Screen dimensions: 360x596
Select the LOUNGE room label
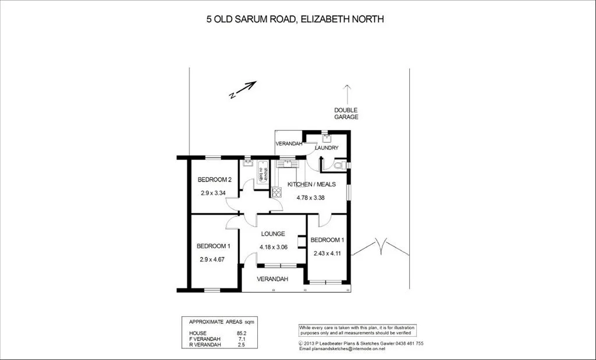272,234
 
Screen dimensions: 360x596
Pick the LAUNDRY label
327,148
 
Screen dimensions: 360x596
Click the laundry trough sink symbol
326,138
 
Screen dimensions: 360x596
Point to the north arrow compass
243,90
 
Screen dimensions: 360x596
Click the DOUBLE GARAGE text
346,113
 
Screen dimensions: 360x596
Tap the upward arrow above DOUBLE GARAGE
347,94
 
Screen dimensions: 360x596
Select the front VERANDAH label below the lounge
272,279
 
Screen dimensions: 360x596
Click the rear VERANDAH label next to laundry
288,144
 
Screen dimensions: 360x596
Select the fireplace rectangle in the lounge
301,242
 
